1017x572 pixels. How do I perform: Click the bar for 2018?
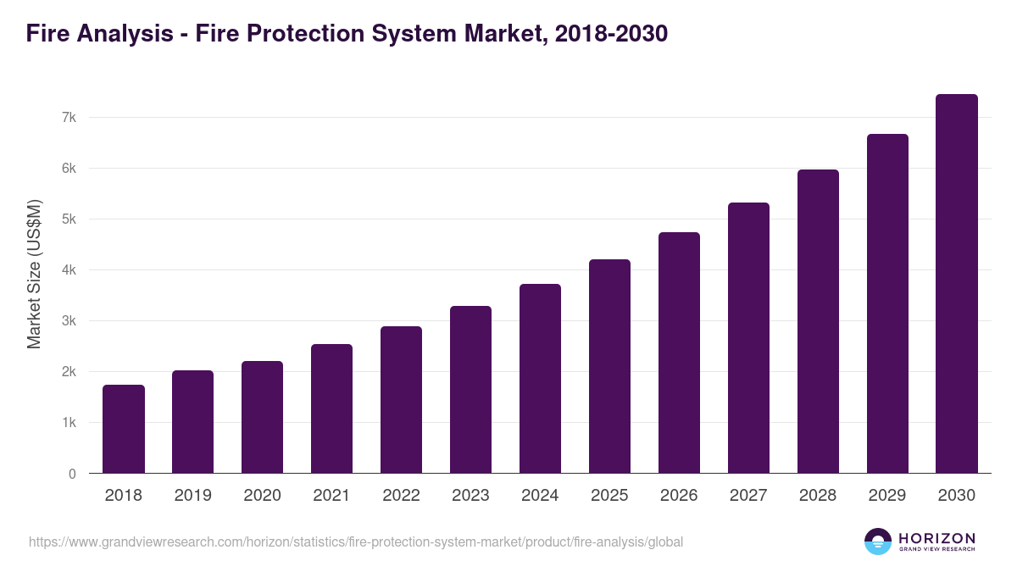[124, 429]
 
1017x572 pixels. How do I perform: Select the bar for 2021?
[331, 408]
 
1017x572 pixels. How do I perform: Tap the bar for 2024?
[540, 379]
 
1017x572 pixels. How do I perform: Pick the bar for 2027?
[748, 338]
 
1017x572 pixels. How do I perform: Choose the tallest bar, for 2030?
[956, 284]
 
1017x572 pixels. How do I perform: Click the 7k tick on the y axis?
[69, 118]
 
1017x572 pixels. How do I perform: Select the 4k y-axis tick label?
[69, 270]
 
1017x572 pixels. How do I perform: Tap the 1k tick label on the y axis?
[69, 423]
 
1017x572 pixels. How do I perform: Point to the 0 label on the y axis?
[72, 474]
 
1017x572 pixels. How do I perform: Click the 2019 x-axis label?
[193, 496]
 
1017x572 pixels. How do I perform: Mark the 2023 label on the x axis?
[470, 496]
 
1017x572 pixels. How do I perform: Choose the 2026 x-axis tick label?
[679, 496]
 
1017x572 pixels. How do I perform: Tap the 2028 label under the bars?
[818, 496]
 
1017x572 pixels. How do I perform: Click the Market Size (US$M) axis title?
[35, 275]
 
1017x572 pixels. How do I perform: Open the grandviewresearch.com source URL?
[355, 541]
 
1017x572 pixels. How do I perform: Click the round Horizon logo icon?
[878, 541]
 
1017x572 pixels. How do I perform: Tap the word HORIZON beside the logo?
[936, 538]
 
